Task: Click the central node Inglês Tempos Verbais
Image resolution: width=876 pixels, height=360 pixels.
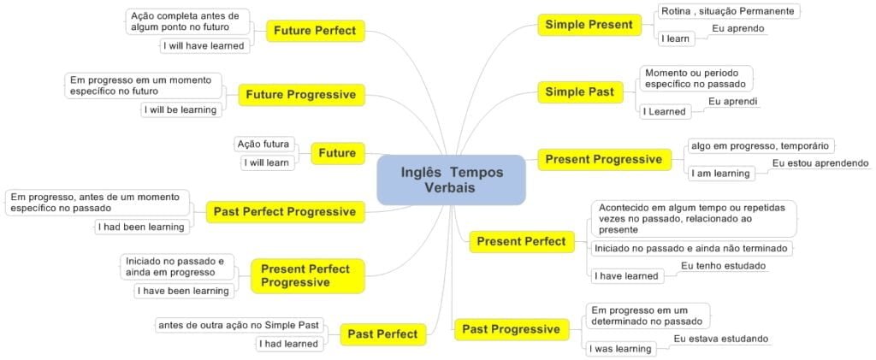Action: pyautogui.click(x=451, y=180)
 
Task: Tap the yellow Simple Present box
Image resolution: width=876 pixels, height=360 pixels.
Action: pyautogui.click(x=589, y=25)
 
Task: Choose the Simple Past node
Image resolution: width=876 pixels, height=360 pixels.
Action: pyautogui.click(x=579, y=92)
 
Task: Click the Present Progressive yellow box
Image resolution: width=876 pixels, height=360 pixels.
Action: pyautogui.click(x=603, y=159)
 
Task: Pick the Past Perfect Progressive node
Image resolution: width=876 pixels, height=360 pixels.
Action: pyautogui.click(x=285, y=211)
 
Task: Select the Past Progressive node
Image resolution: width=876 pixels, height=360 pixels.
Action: pyautogui.click(x=511, y=329)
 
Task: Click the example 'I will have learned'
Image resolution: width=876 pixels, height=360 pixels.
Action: pyautogui.click(x=204, y=46)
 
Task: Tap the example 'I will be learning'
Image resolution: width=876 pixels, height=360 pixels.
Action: pyautogui.click(x=181, y=109)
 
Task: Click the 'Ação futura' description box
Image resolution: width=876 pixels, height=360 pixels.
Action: pyautogui.click(x=264, y=144)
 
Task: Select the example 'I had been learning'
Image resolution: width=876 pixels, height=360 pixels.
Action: pyautogui.click(x=141, y=227)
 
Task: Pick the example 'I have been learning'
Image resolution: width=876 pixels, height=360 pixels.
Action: pyautogui.click(x=184, y=291)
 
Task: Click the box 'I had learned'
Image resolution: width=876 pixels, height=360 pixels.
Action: pyautogui.click(x=290, y=344)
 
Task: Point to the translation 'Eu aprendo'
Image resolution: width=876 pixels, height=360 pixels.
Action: pyautogui.click(x=738, y=28)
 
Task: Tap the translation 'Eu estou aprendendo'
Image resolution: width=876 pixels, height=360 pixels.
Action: pyautogui.click(x=820, y=162)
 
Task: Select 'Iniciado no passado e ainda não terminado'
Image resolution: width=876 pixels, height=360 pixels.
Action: pyautogui.click(x=691, y=248)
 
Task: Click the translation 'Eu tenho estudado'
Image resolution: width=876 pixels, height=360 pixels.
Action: pyautogui.click(x=723, y=266)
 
